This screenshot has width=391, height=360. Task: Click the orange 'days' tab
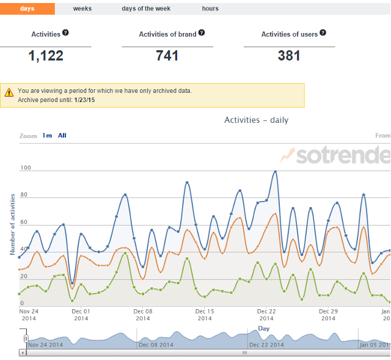[27, 9]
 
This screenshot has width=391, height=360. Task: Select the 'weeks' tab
[82, 9]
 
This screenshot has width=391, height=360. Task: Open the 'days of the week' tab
[146, 9]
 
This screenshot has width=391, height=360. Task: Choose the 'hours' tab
[210, 9]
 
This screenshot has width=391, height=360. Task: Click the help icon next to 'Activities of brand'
[202, 33]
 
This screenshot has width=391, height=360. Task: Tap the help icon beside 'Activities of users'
[323, 33]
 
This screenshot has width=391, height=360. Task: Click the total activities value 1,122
[46, 56]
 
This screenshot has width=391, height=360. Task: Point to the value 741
[167, 56]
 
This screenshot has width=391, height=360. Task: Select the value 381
[289, 56]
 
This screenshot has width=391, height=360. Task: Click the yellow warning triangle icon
[9, 93]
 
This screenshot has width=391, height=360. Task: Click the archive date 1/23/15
[84, 100]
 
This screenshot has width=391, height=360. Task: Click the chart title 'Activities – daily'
[256, 120]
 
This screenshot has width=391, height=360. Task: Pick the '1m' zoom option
[46, 136]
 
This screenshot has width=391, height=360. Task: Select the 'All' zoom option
[62, 136]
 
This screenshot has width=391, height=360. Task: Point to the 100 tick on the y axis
[26, 168]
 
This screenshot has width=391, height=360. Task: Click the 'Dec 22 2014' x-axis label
[266, 314]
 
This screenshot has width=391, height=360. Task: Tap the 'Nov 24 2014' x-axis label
[29, 314]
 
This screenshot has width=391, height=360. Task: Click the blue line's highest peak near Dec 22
[276, 172]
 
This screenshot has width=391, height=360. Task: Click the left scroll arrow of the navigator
[23, 353]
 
